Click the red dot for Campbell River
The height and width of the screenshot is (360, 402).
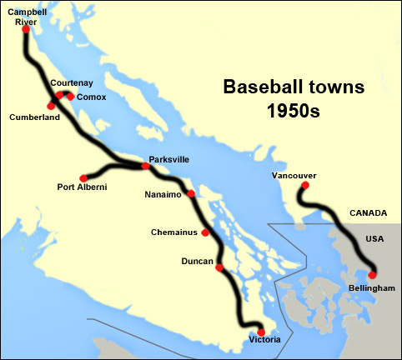click(x=27, y=29)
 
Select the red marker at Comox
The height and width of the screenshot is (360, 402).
click(x=71, y=97)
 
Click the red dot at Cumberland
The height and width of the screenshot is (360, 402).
click(x=51, y=107)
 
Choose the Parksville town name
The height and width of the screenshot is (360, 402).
click(x=171, y=158)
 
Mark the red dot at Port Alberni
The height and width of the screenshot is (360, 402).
click(x=83, y=177)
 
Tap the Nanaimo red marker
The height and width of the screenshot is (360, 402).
click(x=191, y=194)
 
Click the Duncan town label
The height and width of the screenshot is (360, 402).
click(x=196, y=262)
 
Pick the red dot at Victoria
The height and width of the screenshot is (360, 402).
click(x=261, y=332)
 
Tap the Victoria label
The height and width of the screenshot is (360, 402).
click(x=265, y=341)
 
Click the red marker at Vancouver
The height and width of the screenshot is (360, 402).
click(x=301, y=187)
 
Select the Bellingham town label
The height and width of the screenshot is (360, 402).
click(x=372, y=287)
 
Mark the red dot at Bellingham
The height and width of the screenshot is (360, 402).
click(x=372, y=274)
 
